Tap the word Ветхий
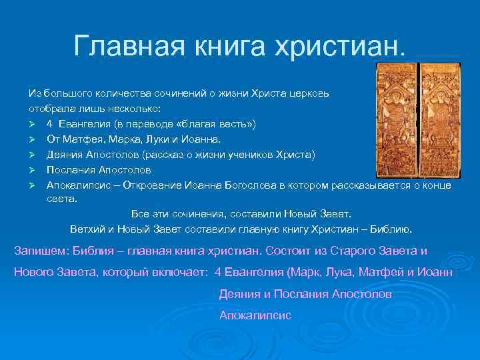coord(85,229)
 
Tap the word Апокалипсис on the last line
coord(255,315)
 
